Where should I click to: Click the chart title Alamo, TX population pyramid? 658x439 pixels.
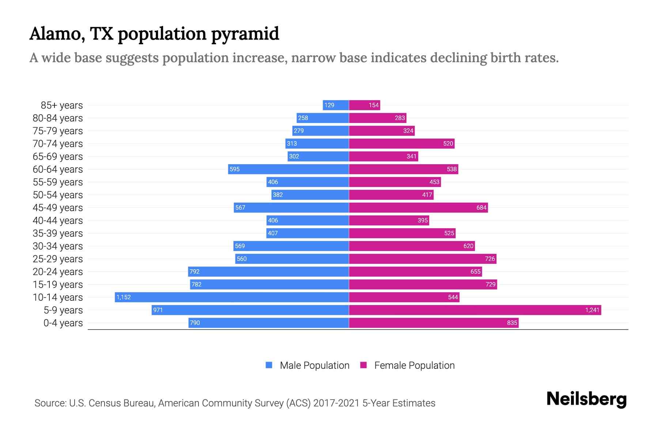(x=154, y=34)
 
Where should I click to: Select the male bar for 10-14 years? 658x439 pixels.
(x=232, y=297)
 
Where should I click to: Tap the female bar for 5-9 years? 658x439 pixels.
(x=474, y=310)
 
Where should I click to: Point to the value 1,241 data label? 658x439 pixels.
(x=592, y=310)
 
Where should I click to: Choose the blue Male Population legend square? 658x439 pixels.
(x=269, y=365)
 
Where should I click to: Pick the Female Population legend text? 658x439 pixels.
(x=414, y=365)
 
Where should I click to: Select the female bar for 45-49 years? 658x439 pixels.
(x=418, y=207)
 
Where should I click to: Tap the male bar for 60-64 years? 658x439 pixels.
(x=288, y=169)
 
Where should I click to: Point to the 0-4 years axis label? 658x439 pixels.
(x=63, y=323)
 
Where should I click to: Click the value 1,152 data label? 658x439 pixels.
(x=124, y=297)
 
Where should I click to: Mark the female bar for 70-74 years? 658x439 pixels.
(x=401, y=143)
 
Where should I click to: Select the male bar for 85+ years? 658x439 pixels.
(x=336, y=105)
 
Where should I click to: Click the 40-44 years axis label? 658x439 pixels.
(x=58, y=221)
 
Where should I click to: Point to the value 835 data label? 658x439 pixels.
(x=512, y=323)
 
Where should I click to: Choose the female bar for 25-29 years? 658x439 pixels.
(x=422, y=259)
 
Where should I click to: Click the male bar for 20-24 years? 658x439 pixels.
(x=268, y=271)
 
